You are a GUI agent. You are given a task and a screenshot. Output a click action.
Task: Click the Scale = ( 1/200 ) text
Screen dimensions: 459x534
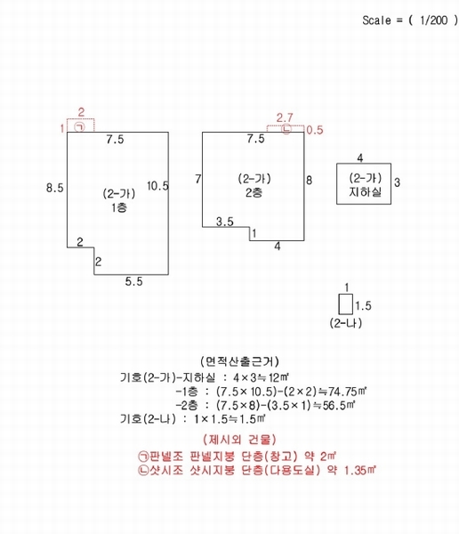(410, 20)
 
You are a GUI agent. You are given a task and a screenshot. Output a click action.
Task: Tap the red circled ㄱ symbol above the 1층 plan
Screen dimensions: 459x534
(80, 127)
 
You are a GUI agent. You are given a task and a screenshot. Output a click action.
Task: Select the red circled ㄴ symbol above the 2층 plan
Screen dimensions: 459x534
(286, 129)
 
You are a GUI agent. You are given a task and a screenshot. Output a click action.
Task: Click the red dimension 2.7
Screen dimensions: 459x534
(285, 117)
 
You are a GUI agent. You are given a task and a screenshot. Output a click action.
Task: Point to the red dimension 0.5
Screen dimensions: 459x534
(315, 130)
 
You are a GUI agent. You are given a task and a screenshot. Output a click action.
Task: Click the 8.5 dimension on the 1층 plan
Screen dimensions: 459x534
(55, 188)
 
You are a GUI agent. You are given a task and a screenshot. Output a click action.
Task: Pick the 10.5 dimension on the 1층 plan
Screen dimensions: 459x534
(157, 186)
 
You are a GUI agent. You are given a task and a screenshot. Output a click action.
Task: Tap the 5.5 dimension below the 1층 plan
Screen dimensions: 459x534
(133, 281)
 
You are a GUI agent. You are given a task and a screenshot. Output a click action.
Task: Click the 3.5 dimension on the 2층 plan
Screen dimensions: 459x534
(225, 222)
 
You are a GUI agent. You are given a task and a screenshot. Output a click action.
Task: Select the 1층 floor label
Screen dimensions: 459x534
(119, 207)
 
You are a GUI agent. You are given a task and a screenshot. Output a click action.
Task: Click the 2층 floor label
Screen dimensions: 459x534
(254, 193)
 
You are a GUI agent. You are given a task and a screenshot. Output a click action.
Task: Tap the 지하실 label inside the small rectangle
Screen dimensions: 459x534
(365, 191)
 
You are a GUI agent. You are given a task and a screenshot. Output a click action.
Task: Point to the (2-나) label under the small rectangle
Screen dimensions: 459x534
(346, 323)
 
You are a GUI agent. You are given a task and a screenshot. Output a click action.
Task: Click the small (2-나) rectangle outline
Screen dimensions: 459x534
(338, 303)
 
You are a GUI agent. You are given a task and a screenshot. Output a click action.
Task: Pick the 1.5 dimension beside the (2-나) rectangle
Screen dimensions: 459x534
(363, 305)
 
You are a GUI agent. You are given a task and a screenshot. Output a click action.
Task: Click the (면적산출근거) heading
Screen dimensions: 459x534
(239, 361)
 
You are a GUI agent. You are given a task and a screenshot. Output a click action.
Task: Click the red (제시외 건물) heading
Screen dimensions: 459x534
(239, 440)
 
